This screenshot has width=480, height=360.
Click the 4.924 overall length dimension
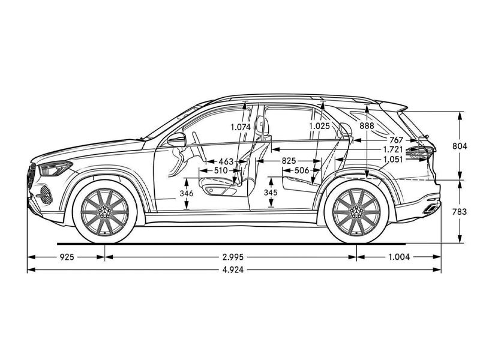click(x=235, y=269)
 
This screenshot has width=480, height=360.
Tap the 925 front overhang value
click(x=67, y=257)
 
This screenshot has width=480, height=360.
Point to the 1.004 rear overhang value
click(x=399, y=257)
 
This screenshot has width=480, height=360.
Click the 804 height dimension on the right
click(x=459, y=146)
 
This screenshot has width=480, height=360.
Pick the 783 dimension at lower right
click(x=459, y=212)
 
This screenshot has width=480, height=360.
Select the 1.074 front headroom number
click(x=241, y=127)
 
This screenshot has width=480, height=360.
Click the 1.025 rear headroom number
click(x=320, y=127)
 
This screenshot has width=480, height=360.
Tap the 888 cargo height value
click(x=367, y=127)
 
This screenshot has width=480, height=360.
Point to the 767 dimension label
click(x=397, y=140)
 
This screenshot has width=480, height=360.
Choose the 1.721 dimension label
click(x=392, y=149)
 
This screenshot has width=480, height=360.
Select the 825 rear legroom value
click(x=289, y=161)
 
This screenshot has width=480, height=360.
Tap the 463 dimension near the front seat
click(x=226, y=161)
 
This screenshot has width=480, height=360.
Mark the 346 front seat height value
click(x=187, y=194)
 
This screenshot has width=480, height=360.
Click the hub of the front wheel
click(x=104, y=211)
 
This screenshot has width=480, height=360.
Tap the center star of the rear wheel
click(x=356, y=211)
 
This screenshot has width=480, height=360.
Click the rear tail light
click(x=421, y=152)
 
